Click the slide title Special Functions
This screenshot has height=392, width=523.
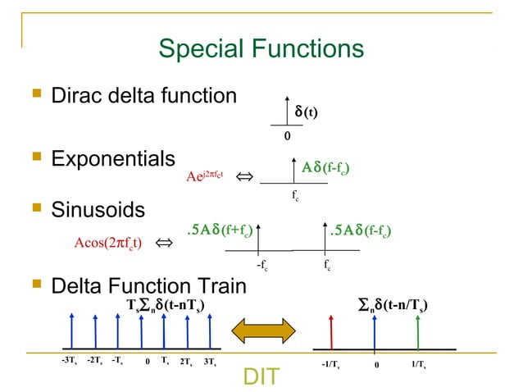pos(261,49)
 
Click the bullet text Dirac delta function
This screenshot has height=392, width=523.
pos(144,96)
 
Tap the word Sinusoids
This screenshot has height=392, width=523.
pos(98,210)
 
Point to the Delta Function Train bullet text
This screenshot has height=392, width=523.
pos(148,286)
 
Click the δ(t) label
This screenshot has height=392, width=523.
pos(306,112)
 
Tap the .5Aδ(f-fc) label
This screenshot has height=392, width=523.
pos(359,230)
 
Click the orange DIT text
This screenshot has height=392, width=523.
pos(261,376)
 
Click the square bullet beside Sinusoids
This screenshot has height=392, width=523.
pos(35,211)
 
